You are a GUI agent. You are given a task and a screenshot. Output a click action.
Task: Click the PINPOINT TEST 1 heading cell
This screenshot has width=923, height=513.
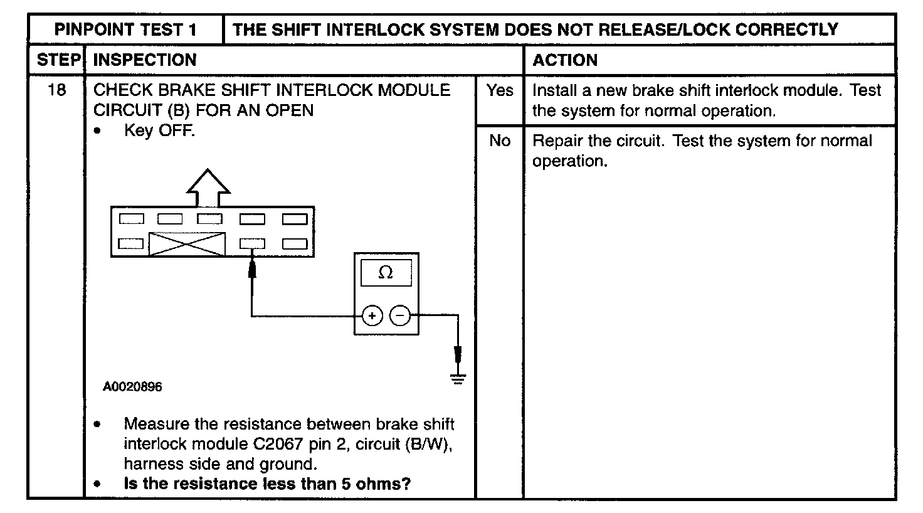point(125,29)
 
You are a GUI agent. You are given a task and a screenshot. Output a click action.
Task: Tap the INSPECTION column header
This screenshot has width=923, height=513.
point(145,60)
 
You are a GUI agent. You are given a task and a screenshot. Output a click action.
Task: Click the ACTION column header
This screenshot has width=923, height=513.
point(564,60)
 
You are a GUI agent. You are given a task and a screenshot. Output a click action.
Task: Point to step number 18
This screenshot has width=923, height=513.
point(56,90)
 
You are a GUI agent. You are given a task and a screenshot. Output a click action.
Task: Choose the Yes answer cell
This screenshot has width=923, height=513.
point(499,90)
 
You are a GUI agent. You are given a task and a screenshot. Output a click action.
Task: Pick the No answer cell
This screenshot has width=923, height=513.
point(499,140)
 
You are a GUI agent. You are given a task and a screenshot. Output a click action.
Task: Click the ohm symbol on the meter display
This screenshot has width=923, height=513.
point(386,273)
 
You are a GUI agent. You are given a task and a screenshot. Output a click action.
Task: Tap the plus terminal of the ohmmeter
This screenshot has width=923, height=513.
point(372,315)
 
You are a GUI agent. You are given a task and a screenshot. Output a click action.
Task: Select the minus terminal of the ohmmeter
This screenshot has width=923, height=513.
point(400,315)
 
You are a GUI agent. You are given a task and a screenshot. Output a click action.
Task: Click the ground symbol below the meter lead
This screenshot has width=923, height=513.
point(458,378)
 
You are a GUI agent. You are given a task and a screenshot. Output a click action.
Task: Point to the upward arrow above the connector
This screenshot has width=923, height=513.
point(208,186)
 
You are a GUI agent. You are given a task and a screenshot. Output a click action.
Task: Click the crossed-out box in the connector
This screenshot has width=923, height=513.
point(187,243)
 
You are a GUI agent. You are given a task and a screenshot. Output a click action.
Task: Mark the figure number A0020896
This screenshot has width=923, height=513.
point(132,387)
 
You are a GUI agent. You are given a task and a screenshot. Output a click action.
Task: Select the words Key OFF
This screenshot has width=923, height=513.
point(159,131)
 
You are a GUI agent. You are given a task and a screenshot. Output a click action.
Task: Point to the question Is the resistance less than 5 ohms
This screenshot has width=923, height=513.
point(267,484)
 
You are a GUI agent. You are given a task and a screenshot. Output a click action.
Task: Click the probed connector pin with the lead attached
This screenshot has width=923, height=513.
point(252,243)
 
